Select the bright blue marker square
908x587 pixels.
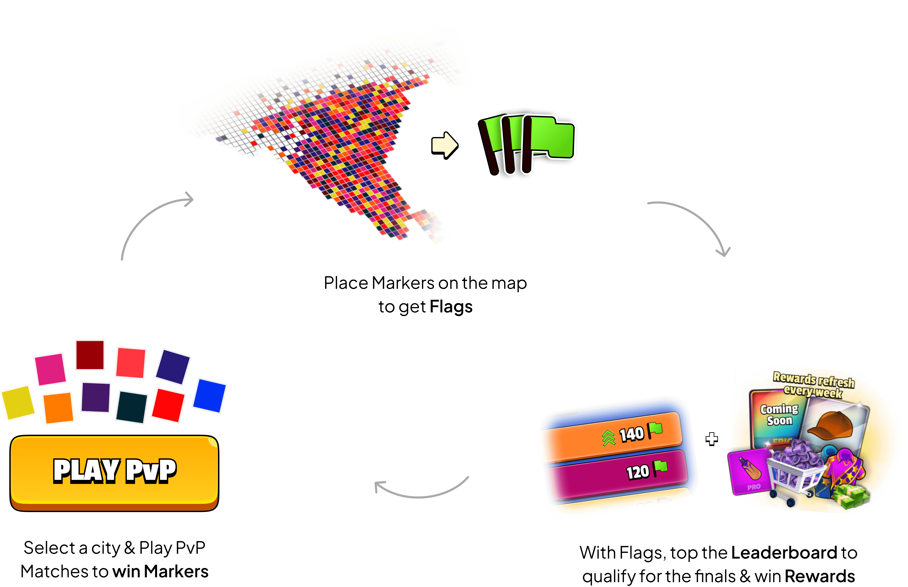coord(209,395)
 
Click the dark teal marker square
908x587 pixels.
coord(132,407)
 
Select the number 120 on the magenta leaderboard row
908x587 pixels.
coord(637,472)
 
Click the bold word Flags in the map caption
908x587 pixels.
coord(451,307)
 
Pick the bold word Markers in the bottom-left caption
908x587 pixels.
coord(176,571)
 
